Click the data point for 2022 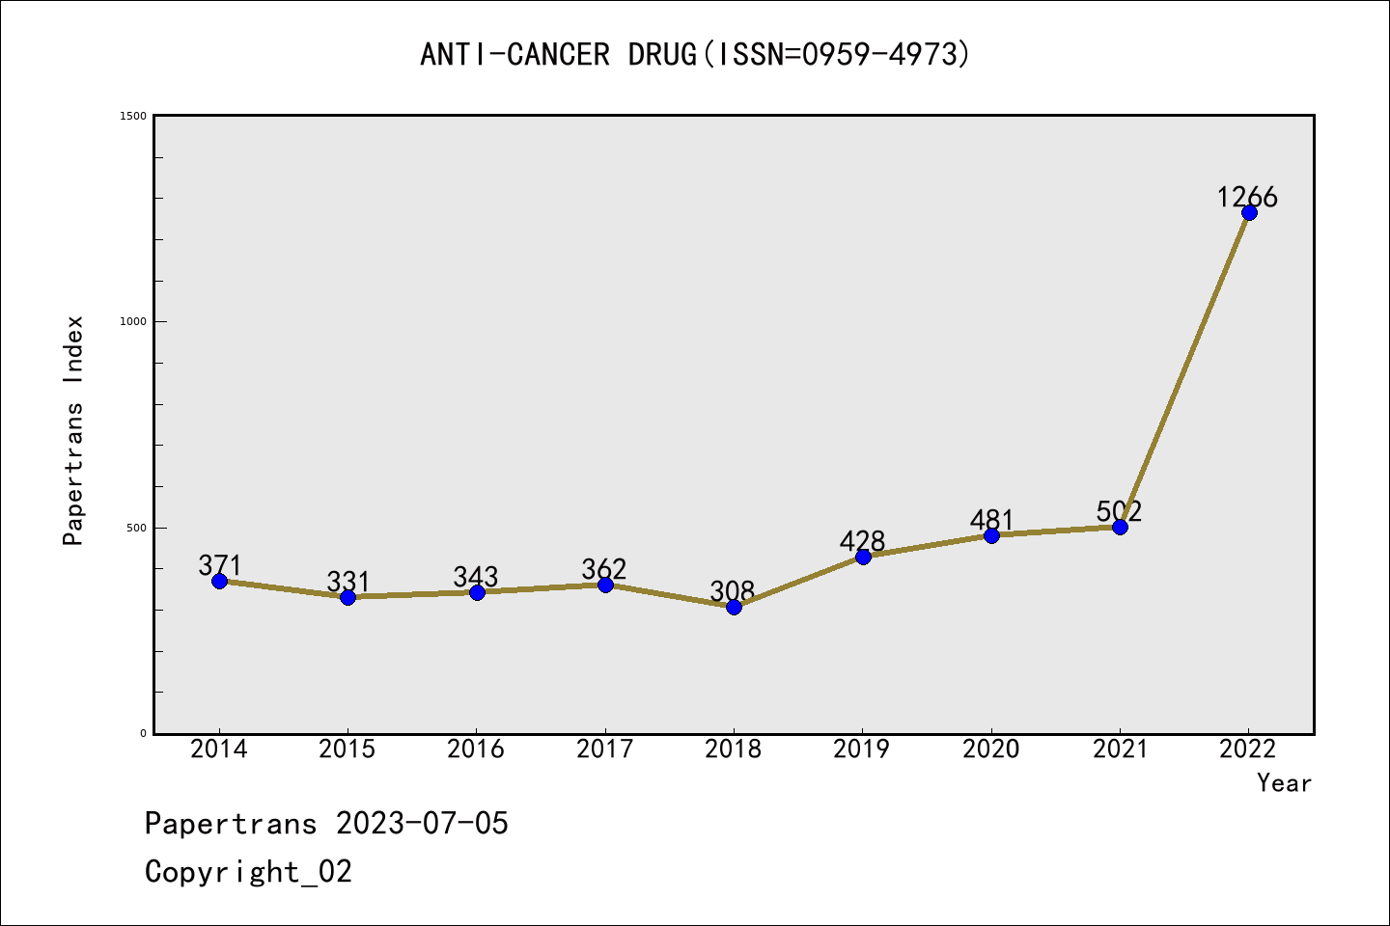pyautogui.click(x=1249, y=212)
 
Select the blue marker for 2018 pyautogui.click(x=734, y=607)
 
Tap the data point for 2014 pyautogui.click(x=219, y=581)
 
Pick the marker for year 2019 pyautogui.click(x=863, y=557)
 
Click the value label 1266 pyautogui.click(x=1247, y=198)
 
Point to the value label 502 pyautogui.click(x=1119, y=511)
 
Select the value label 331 pyautogui.click(x=347, y=582)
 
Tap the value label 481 pyautogui.click(x=991, y=520)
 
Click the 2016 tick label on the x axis pyautogui.click(x=476, y=749)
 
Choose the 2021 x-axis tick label pyautogui.click(x=1120, y=749)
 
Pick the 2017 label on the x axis pyautogui.click(x=605, y=749)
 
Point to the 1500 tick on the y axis pyautogui.click(x=133, y=116)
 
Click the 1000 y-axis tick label pyautogui.click(x=133, y=321)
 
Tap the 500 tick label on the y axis pyautogui.click(x=136, y=528)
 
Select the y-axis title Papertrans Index pyautogui.click(x=74, y=430)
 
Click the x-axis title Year pyautogui.click(x=1284, y=783)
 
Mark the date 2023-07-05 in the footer pyautogui.click(x=422, y=824)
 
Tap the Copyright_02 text pyautogui.click(x=248, y=872)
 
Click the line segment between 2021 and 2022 pyautogui.click(x=1184, y=369)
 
